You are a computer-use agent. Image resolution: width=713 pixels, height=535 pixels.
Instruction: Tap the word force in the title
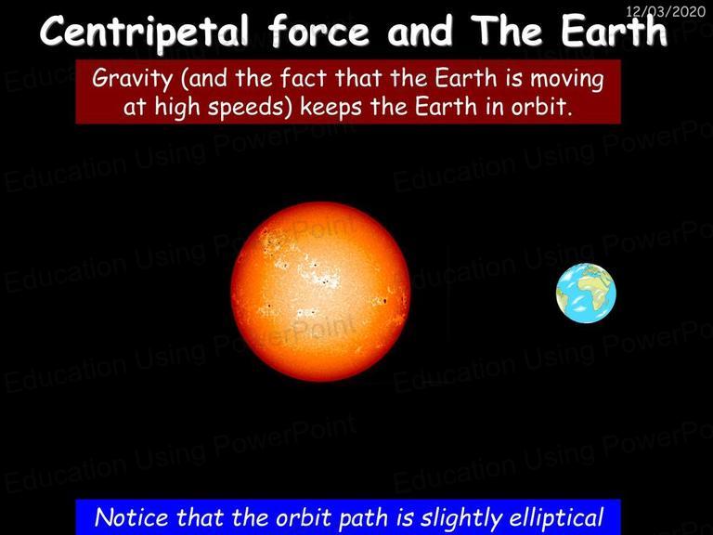pyautogui.click(x=318, y=30)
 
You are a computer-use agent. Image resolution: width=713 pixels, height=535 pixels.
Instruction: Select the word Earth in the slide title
pyautogui.click(x=615, y=30)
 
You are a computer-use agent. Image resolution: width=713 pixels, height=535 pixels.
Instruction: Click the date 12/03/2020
pyautogui.click(x=666, y=11)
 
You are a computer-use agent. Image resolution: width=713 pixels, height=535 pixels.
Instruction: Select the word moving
pyautogui.click(x=567, y=79)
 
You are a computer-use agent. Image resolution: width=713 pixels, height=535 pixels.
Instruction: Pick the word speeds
pyautogui.click(x=250, y=108)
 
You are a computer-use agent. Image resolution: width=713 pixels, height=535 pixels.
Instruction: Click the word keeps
pyautogui.click(x=331, y=108)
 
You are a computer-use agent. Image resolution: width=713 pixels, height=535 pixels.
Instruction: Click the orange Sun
pyautogui.click(x=320, y=291)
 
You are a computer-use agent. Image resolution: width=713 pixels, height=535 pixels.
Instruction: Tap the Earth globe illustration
pyautogui.click(x=586, y=293)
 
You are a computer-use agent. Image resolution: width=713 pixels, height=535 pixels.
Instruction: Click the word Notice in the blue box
pyautogui.click(x=132, y=517)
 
